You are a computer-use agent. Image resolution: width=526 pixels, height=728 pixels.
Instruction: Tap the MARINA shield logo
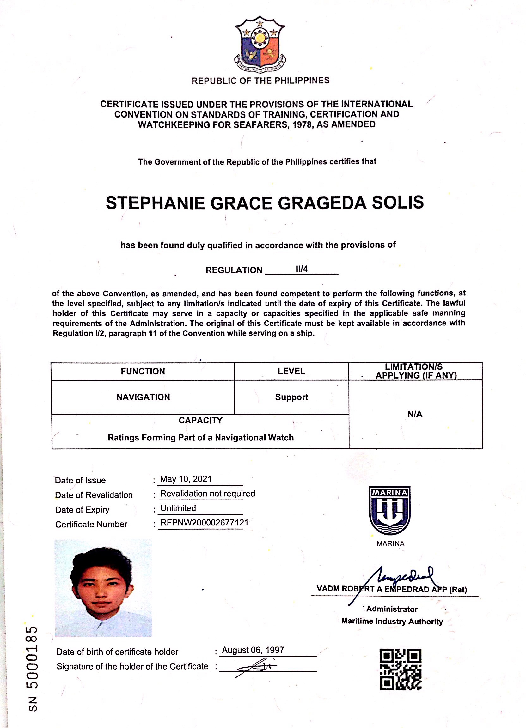[x=389, y=510]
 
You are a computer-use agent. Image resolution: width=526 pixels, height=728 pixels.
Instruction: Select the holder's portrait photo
[x=103, y=588]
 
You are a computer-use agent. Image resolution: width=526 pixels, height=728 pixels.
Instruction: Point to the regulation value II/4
[x=302, y=269]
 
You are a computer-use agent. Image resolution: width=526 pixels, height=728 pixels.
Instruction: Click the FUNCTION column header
[x=143, y=371]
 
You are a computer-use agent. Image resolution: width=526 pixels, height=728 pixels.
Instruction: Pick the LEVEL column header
[x=291, y=371]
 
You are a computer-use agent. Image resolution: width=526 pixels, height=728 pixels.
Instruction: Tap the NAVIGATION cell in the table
[x=143, y=397]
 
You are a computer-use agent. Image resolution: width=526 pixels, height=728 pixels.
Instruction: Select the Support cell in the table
[x=291, y=397]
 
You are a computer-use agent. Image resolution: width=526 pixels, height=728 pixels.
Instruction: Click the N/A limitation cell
[x=415, y=414]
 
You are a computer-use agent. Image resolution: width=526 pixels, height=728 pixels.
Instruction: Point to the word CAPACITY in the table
[x=200, y=421]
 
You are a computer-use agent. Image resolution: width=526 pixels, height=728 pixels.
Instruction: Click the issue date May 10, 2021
[x=186, y=479]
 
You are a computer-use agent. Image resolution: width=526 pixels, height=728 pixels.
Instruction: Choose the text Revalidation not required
[x=207, y=494]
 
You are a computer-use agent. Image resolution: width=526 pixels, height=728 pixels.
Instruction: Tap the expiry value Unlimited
[x=178, y=508]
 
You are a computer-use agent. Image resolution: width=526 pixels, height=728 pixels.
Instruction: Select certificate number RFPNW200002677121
[x=205, y=523]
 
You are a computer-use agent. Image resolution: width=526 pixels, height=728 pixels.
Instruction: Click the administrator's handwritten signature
[x=401, y=578]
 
